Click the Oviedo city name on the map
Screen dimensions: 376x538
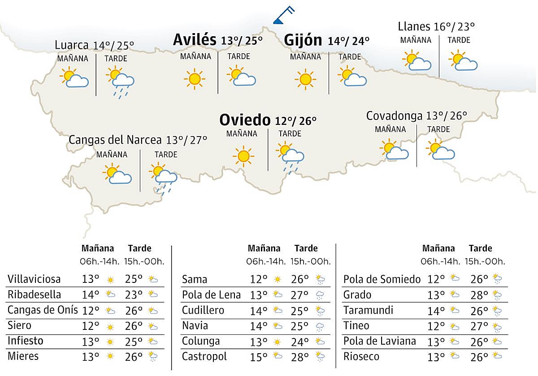245,120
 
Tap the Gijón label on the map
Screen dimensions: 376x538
303,40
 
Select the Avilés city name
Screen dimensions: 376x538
195,40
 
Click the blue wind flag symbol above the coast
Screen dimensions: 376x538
283,15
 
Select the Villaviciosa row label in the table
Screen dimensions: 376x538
34,279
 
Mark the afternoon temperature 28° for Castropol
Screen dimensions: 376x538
299,357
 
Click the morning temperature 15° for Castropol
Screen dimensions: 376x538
258,357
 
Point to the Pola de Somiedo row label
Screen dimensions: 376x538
382,280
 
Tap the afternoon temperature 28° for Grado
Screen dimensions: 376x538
479,295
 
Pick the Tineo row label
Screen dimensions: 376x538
356,326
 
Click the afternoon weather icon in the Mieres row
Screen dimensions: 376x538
153,357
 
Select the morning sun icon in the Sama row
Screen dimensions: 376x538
278,280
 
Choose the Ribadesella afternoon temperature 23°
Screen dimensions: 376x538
134,295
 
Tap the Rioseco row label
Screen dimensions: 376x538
361,357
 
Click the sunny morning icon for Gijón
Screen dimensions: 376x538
305,79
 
